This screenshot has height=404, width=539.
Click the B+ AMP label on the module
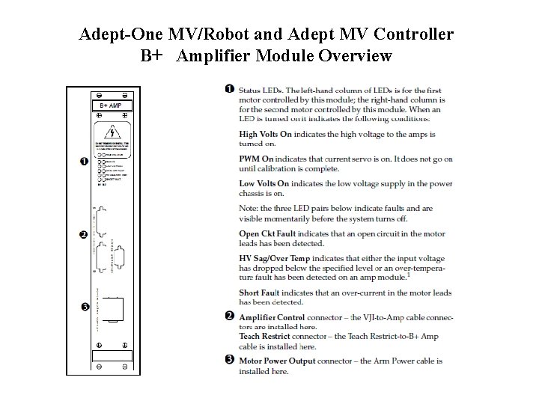pos(111,106)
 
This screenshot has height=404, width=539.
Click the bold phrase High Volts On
pos(265,134)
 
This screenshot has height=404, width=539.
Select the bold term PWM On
pos(256,159)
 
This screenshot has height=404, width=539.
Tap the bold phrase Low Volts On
pos(264,183)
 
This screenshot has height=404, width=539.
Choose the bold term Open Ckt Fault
pos(267,234)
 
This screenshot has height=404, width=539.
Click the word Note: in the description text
pos(249,208)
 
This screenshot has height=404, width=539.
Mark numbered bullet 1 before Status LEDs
pos(228,89)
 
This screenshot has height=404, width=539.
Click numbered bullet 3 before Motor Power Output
pos(228,360)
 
